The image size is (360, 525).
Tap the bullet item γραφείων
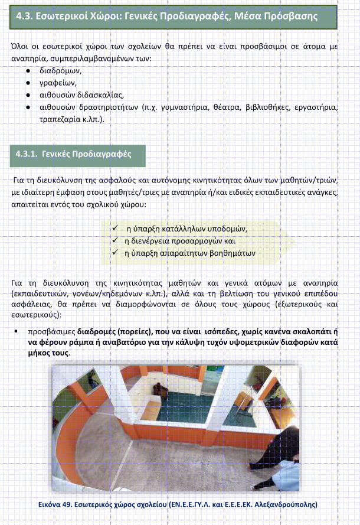point(62,82)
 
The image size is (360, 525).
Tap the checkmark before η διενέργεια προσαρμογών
point(116,241)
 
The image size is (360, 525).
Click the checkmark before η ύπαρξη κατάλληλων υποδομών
point(116,229)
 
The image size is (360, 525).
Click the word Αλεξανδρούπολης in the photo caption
point(288,505)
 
